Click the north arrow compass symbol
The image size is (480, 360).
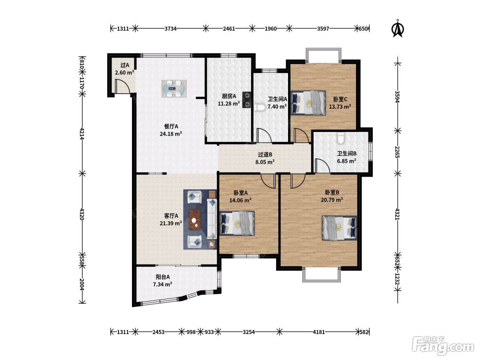[397, 28]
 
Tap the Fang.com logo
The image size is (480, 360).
[443, 346]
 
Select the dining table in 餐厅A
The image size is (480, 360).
[174, 88]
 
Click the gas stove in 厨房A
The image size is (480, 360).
[247, 100]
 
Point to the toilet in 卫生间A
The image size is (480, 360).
[260, 107]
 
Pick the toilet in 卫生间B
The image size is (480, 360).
[340, 138]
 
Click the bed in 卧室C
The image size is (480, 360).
[308, 103]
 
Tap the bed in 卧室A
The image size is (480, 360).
[237, 223]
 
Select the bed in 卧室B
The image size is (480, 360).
[339, 228]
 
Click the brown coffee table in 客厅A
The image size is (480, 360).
[195, 220]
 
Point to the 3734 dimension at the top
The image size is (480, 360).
[170, 29]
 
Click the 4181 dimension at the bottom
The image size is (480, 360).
[319, 332]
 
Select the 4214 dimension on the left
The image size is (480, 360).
[82, 134]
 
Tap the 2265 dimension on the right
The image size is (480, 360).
[397, 152]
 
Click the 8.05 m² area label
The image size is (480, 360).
[265, 162]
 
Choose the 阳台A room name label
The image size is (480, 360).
[163, 277]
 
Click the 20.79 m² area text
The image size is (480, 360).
[332, 200]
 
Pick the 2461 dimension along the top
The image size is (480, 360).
[229, 29]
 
